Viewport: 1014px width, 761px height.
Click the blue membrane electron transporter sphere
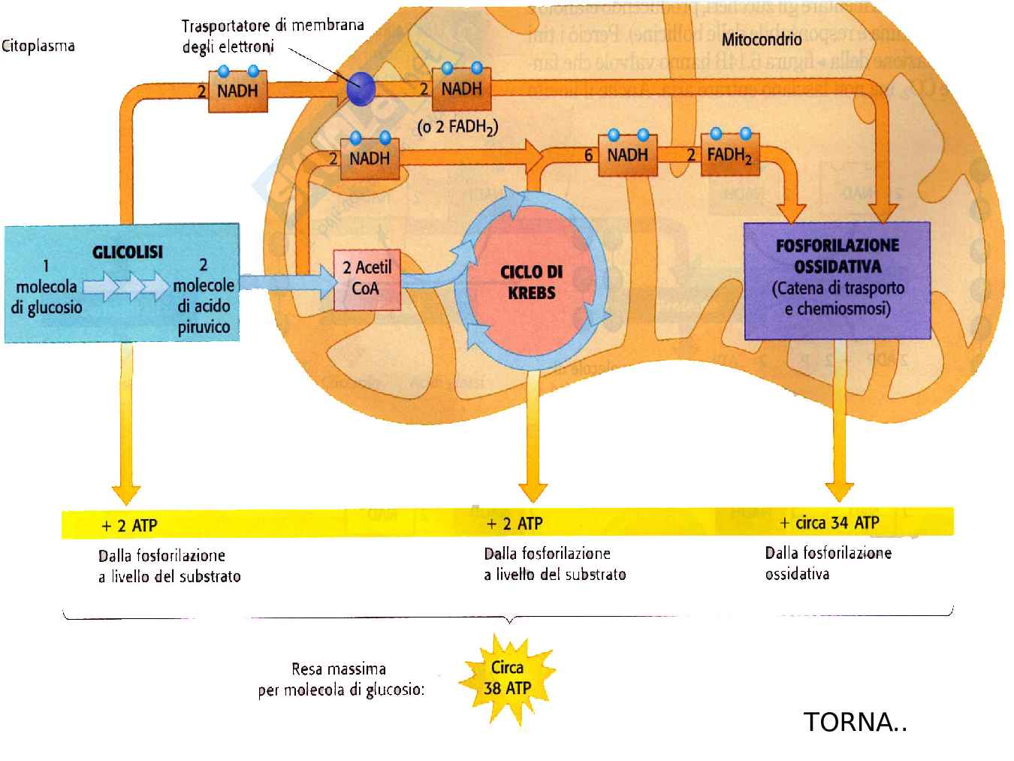pyautogui.click(x=361, y=89)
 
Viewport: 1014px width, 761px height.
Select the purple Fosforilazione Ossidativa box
pyautogui.click(x=837, y=280)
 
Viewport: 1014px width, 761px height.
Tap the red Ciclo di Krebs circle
pyautogui.click(x=531, y=282)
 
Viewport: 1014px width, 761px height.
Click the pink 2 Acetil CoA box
pyautogui.click(x=367, y=279)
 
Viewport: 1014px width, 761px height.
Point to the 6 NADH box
pyautogui.click(x=628, y=156)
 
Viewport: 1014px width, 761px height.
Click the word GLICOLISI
pyautogui.click(x=128, y=252)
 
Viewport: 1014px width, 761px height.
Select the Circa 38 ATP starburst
pyautogui.click(x=508, y=678)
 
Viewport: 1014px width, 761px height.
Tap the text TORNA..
pyautogui.click(x=856, y=722)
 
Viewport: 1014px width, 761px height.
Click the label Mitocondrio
pyautogui.click(x=762, y=39)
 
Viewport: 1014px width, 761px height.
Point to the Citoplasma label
pyautogui.click(x=38, y=46)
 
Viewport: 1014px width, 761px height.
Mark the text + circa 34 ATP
pyautogui.click(x=830, y=523)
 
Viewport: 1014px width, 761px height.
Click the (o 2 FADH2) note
pyautogui.click(x=457, y=127)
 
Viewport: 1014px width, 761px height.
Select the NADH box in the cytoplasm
pyautogui.click(x=237, y=91)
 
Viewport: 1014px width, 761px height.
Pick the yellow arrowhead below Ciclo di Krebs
pyautogui.click(x=532, y=491)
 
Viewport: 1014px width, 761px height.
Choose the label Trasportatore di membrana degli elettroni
pyautogui.click(x=272, y=35)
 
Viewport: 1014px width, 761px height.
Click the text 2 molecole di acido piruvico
pyautogui.click(x=204, y=296)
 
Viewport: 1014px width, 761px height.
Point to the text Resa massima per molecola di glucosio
pyautogui.click(x=340, y=679)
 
